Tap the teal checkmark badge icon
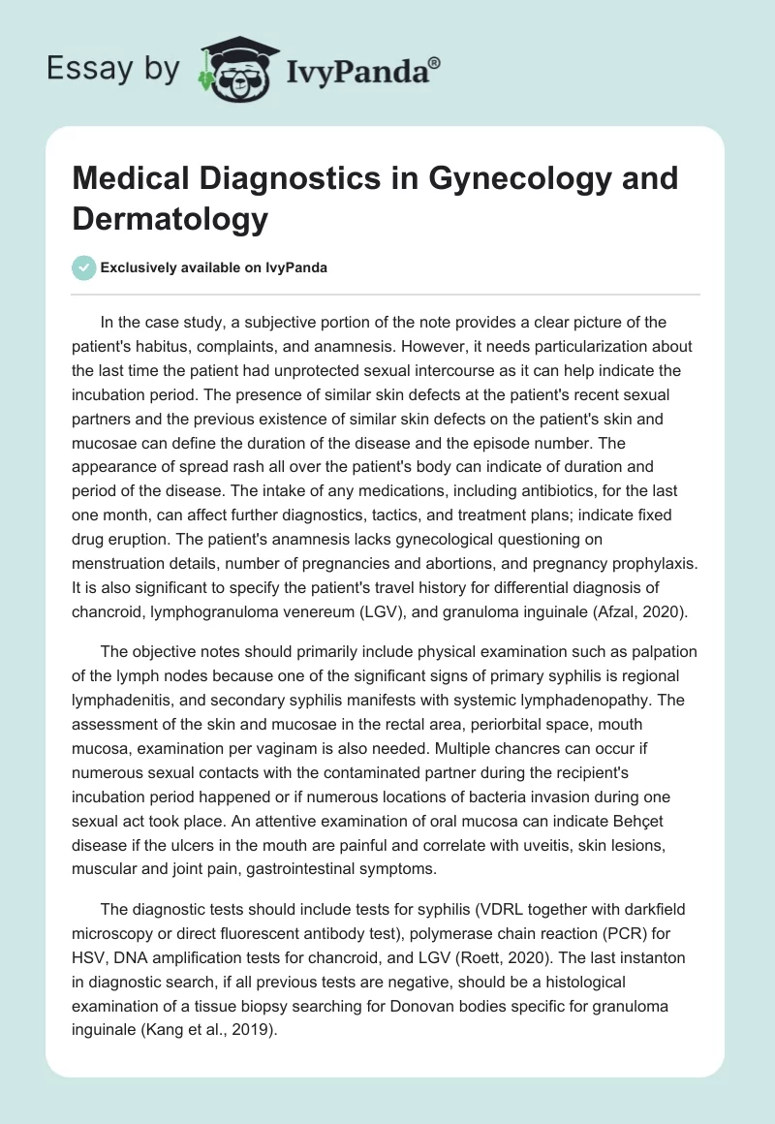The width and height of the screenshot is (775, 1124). click(x=85, y=267)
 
